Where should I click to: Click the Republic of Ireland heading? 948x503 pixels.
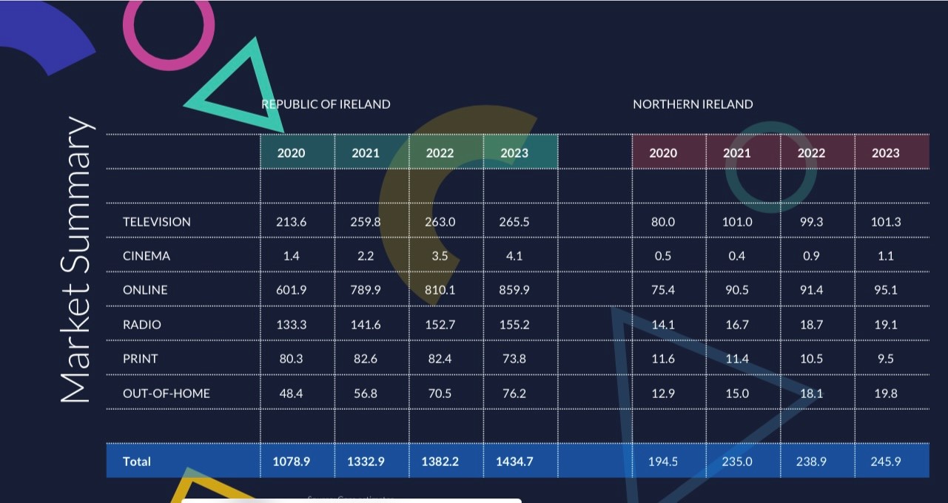[x=326, y=104]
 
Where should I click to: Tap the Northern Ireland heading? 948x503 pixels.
[x=693, y=104]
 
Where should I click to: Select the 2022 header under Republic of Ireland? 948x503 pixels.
[x=440, y=153]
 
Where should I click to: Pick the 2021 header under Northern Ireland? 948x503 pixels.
[x=737, y=153]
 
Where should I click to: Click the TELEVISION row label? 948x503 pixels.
[x=157, y=222]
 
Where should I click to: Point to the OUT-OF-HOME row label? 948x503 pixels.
[x=167, y=394]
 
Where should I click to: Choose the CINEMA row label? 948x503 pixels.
[x=147, y=256]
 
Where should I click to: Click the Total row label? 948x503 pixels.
[x=137, y=462]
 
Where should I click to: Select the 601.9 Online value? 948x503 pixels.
[x=292, y=290]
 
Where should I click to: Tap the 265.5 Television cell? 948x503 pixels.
[x=514, y=222]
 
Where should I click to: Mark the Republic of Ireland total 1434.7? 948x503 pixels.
[x=514, y=462]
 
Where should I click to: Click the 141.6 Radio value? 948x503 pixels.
[x=366, y=325]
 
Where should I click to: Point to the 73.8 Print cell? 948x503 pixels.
[x=514, y=359]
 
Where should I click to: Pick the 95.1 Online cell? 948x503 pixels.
[x=886, y=290]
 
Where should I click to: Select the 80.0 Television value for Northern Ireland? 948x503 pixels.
[x=663, y=222]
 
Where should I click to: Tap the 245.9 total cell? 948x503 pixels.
[x=886, y=462]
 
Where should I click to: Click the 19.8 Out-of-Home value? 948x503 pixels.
[x=886, y=394]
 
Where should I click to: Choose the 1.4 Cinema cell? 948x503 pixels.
[x=292, y=256]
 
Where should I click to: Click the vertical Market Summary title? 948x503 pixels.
[x=77, y=259]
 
